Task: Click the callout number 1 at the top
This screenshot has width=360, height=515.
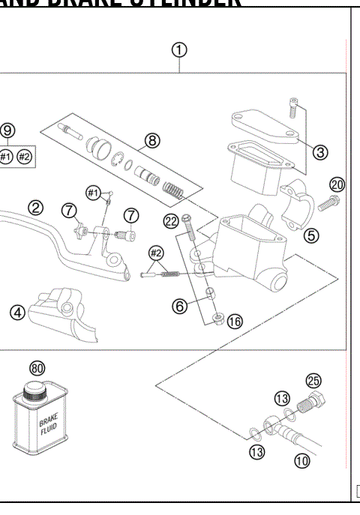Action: [179, 50]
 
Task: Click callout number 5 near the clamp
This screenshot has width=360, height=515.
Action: [311, 235]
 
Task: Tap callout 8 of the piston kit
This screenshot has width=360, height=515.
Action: [152, 140]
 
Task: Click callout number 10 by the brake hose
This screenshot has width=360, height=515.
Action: [301, 461]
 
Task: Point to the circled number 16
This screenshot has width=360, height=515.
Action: [235, 322]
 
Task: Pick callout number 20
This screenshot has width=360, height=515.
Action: [337, 185]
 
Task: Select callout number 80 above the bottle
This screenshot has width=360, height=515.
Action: [37, 368]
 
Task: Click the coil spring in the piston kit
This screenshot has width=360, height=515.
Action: [173, 184]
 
